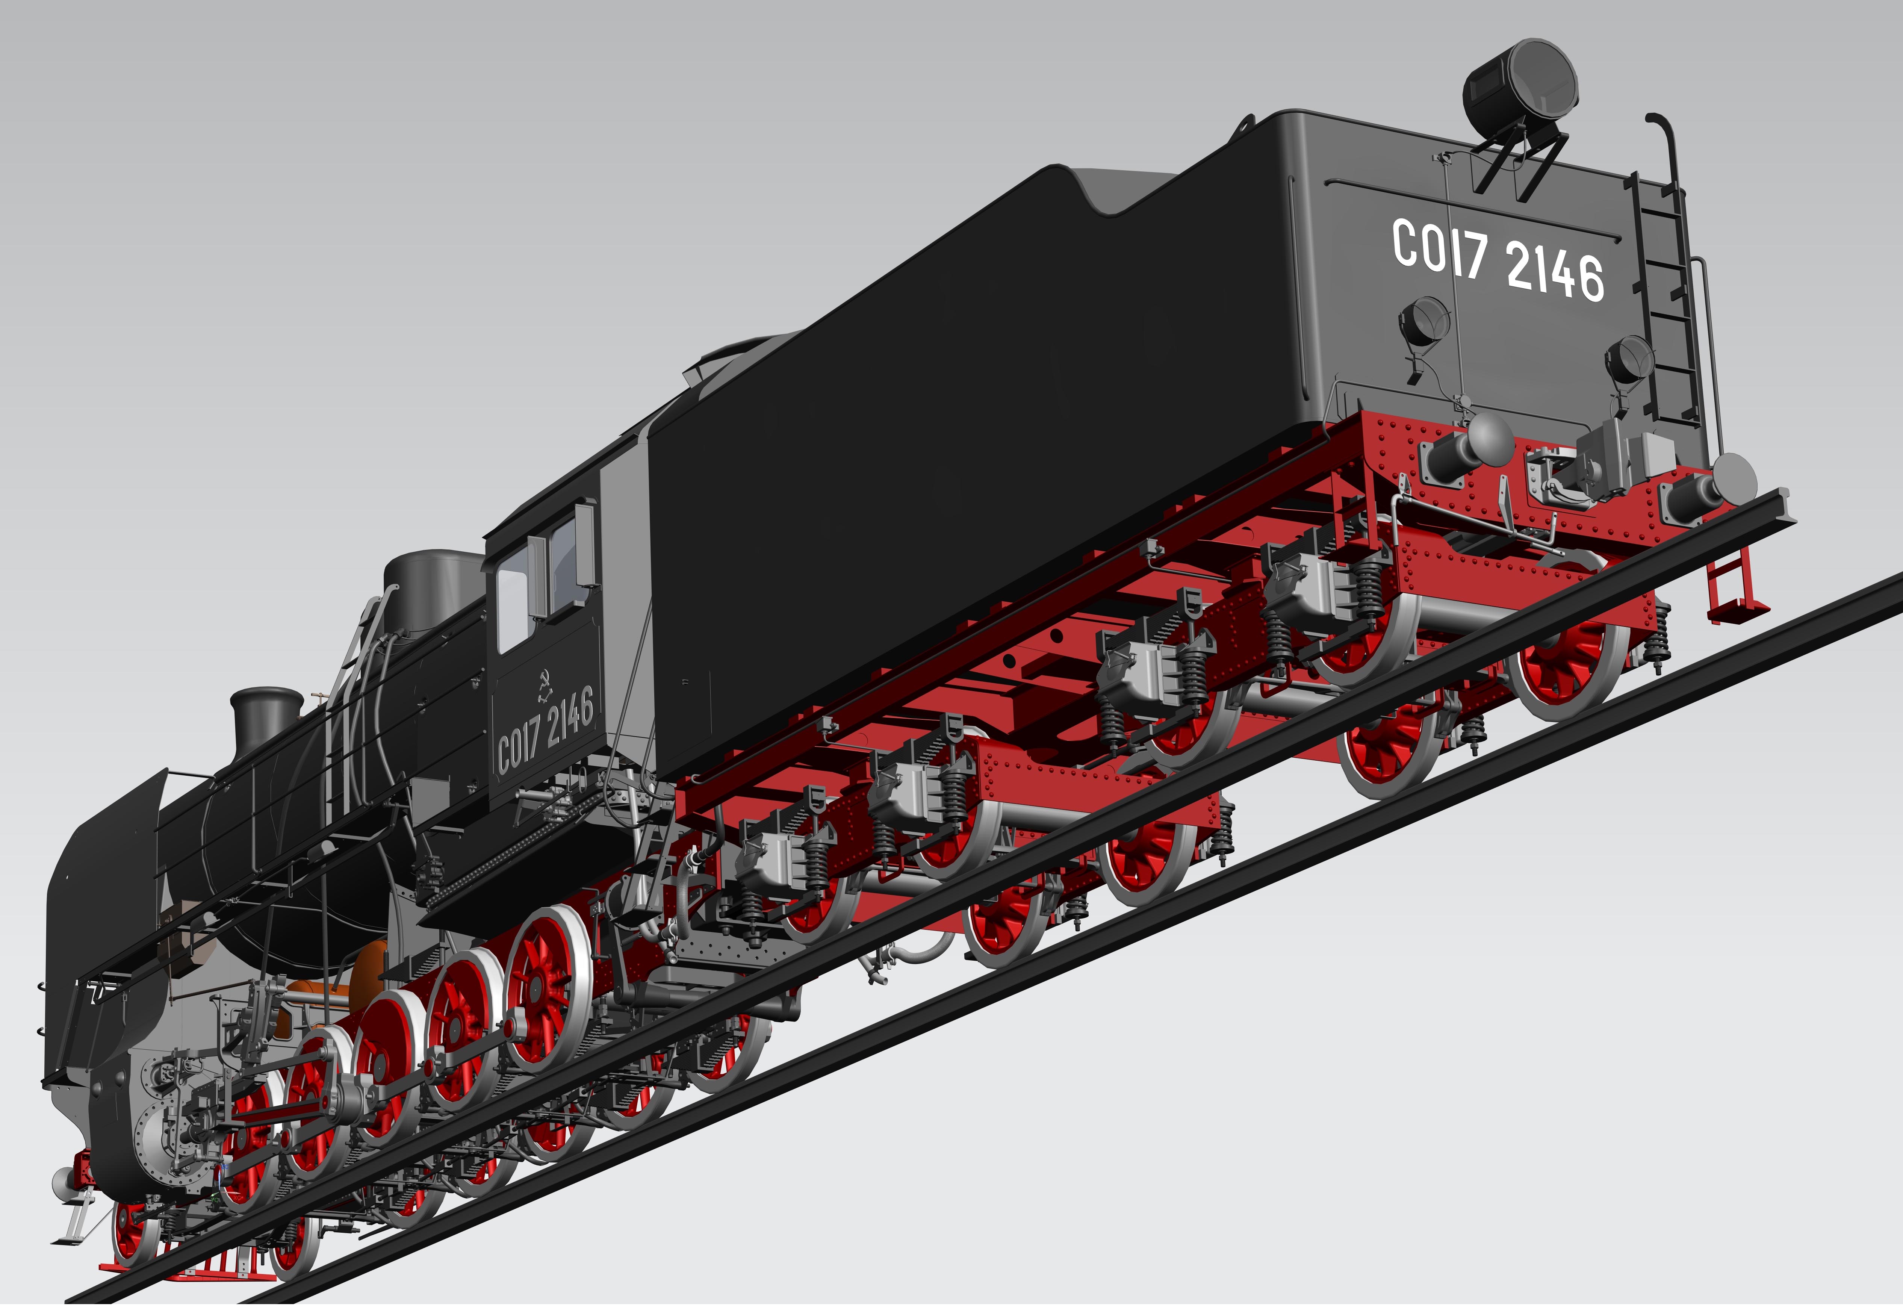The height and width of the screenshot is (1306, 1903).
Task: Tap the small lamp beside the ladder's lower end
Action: [x=1629, y=360]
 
